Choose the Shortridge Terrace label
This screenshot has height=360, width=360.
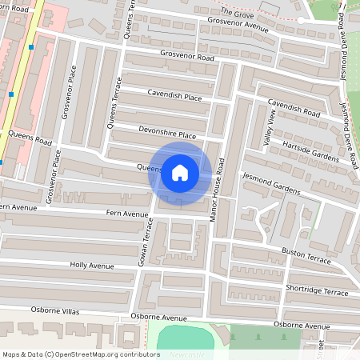pyautogui.click(x=317, y=291)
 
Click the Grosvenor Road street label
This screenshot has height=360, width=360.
pyautogui.click(x=187, y=58)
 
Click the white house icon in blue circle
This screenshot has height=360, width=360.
pyautogui.click(x=180, y=173)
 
